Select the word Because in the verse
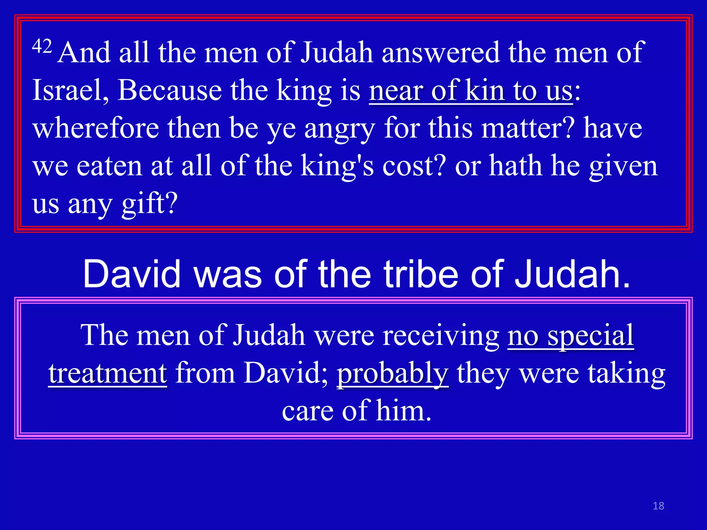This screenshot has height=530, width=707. (170, 90)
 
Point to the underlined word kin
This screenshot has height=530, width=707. (485, 90)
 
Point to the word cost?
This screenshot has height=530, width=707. (414, 166)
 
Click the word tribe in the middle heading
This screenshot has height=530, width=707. (422, 274)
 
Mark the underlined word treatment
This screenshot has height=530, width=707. (108, 373)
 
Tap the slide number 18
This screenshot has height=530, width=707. (658, 506)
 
